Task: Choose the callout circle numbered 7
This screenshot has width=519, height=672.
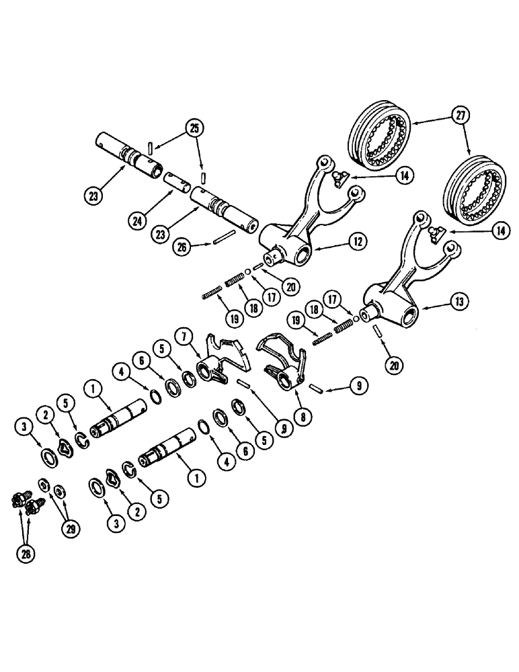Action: pyautogui.click(x=182, y=335)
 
